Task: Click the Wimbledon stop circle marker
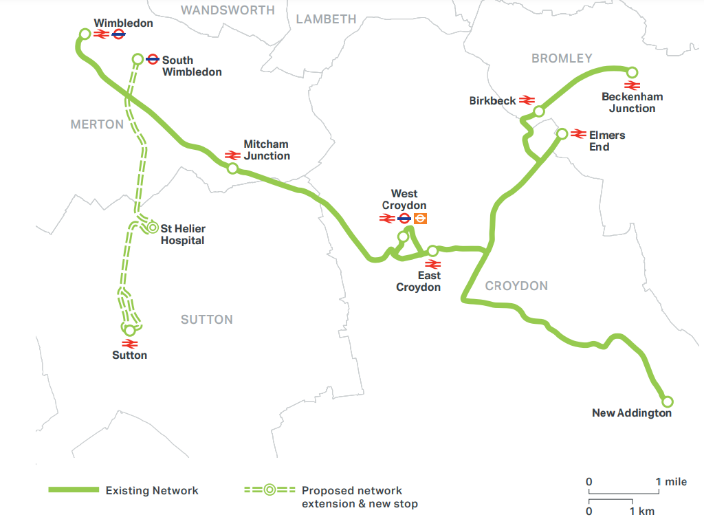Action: pyautogui.click(x=85, y=34)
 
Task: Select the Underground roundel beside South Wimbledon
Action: pyautogui.click(x=153, y=60)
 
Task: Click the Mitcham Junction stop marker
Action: pyautogui.click(x=232, y=168)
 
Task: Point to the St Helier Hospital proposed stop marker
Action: pyautogui.click(x=151, y=228)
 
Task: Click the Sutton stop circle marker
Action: pyautogui.click(x=130, y=330)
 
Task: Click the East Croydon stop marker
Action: pyautogui.click(x=432, y=251)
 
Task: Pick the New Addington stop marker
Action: pyautogui.click(x=666, y=401)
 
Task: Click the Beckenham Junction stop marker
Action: pyautogui.click(x=632, y=72)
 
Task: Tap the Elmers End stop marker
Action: pyautogui.click(x=562, y=134)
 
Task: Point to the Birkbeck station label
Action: pyautogui.click(x=492, y=101)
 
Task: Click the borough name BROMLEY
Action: pyautogui.click(x=561, y=58)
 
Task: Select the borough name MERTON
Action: pyautogui.click(x=97, y=124)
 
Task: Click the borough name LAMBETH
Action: pyautogui.click(x=327, y=19)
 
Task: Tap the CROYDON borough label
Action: pyautogui.click(x=516, y=286)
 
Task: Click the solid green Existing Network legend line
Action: pyautogui.click(x=74, y=490)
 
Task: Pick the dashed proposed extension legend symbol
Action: pyautogui.click(x=269, y=490)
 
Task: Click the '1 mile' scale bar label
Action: pyautogui.click(x=671, y=482)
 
